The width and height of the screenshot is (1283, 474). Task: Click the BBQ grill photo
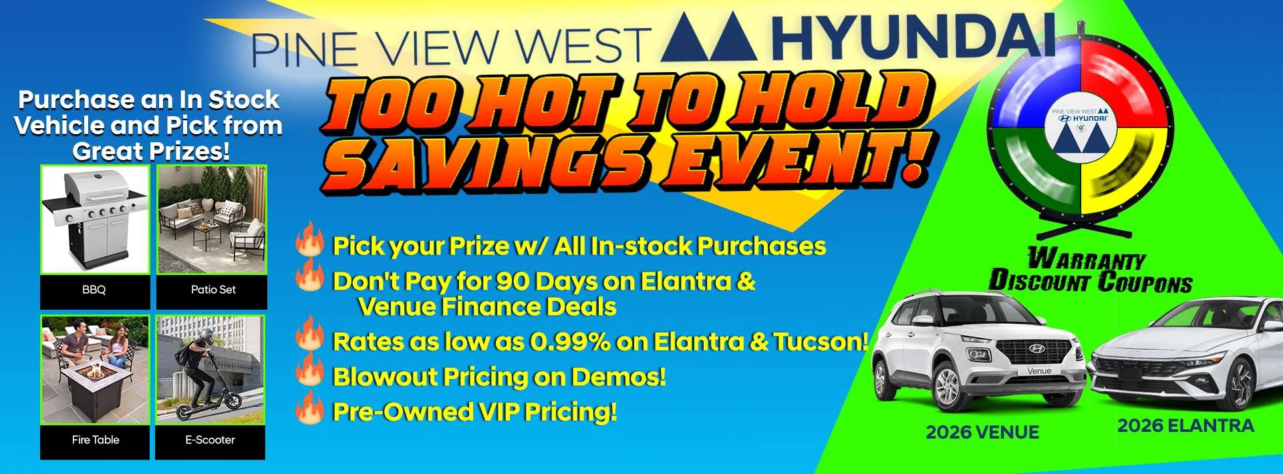point(95,219)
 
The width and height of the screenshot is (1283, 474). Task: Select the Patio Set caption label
point(213,290)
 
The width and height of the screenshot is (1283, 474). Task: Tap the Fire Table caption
point(96,440)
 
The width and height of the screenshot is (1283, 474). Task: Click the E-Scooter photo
point(210,370)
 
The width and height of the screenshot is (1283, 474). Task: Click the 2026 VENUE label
point(982,433)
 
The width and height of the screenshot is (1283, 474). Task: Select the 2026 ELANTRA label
point(1185,425)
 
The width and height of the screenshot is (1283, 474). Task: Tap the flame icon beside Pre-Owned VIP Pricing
point(309,407)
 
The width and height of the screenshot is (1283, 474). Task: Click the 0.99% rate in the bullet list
point(570,342)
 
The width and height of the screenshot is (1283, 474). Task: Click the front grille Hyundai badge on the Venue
point(1036,348)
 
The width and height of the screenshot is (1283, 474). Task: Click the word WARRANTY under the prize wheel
point(1087,258)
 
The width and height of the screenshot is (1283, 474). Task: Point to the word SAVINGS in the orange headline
point(484,162)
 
